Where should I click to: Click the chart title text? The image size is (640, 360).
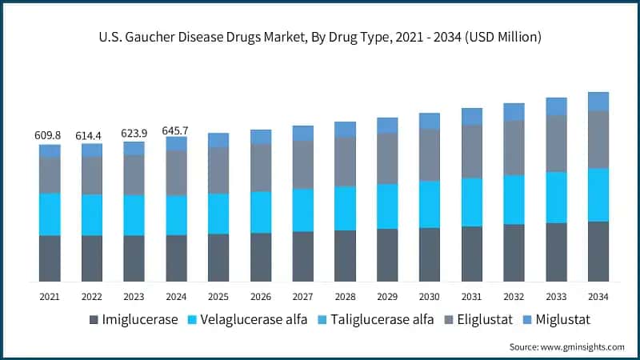pyautogui.click(x=320, y=37)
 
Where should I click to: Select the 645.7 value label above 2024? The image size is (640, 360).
pyautogui.click(x=176, y=129)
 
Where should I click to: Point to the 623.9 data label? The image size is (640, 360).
pyautogui.click(x=134, y=134)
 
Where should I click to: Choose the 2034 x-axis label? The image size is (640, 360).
pyautogui.click(x=598, y=297)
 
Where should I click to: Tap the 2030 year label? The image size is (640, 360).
pyautogui.click(x=430, y=297)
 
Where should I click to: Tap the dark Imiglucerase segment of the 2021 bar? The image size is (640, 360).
pyautogui.click(x=50, y=258)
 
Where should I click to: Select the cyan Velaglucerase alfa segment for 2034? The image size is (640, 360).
pyautogui.click(x=598, y=194)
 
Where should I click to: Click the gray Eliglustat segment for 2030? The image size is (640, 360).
pyautogui.click(x=430, y=154)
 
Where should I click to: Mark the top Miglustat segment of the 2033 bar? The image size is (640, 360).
pyautogui.click(x=556, y=106)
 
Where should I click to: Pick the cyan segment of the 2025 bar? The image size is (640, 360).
pyautogui.click(x=218, y=214)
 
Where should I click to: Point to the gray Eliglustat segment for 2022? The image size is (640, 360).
pyautogui.click(x=92, y=175)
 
